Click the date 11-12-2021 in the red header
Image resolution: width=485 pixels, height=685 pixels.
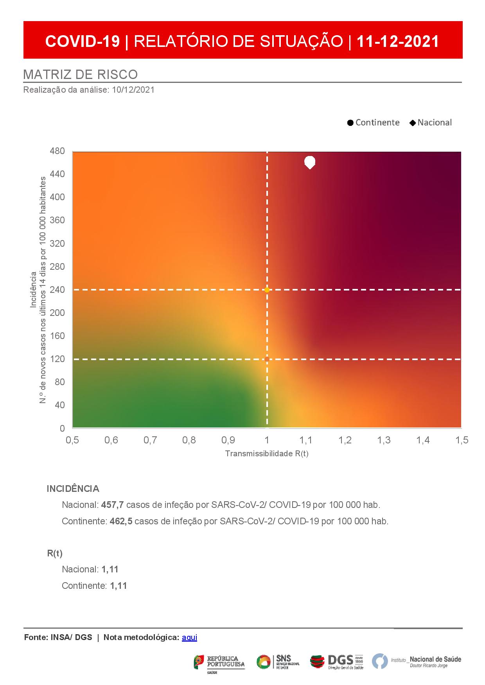point(398,41)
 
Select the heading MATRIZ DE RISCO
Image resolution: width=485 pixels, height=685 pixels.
point(81,74)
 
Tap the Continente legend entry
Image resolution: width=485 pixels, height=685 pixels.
point(374,122)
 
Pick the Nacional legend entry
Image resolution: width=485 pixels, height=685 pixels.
point(431,122)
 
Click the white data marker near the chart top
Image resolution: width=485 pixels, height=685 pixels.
point(310,162)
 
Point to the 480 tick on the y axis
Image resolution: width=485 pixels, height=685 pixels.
point(57,151)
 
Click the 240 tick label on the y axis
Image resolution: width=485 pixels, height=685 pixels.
point(57,290)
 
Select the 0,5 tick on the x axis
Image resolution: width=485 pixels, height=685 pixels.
point(72,440)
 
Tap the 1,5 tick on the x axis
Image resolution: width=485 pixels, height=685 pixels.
point(462,440)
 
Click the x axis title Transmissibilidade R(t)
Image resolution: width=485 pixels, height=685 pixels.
point(267,454)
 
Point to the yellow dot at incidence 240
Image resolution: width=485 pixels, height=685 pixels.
point(267,290)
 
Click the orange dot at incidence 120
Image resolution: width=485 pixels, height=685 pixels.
point(267,359)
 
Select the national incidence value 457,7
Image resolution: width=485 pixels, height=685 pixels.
point(113,505)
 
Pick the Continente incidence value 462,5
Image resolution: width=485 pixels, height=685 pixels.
point(121,521)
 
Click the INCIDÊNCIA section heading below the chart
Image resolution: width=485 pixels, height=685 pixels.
point(73,489)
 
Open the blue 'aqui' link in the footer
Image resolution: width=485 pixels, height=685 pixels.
point(189,637)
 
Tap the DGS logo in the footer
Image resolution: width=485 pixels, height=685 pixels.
point(337,661)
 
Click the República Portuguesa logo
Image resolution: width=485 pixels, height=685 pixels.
point(219,661)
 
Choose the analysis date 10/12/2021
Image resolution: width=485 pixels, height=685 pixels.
point(133,90)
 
